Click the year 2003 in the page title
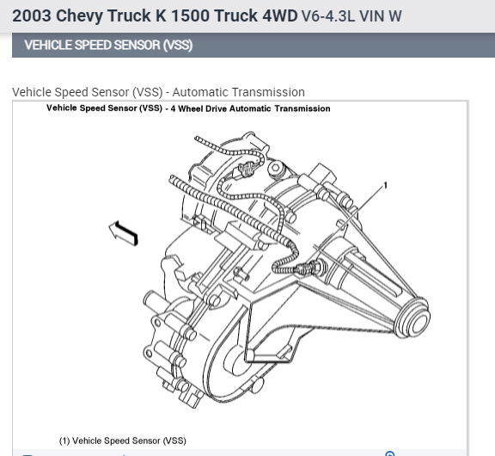(x=32, y=15)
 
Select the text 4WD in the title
(x=280, y=15)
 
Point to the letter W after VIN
(x=395, y=16)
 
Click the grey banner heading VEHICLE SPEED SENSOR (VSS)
(x=108, y=45)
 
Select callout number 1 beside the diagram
(x=385, y=186)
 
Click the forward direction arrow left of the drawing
(x=124, y=233)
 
